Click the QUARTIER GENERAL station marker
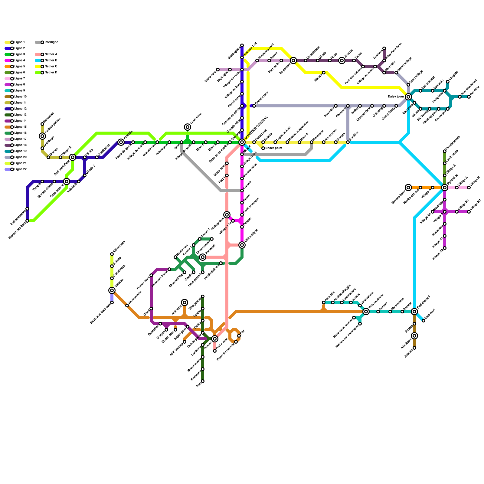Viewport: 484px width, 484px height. (x=242, y=142)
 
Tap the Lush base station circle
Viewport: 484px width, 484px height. (x=188, y=127)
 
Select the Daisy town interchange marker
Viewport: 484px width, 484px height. (x=408, y=97)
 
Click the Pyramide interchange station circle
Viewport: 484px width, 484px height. (x=445, y=188)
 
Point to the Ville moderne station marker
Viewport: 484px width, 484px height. (x=366, y=312)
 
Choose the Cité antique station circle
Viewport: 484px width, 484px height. (x=242, y=245)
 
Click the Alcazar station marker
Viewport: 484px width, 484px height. (x=342, y=60)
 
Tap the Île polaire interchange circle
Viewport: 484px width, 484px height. (x=293, y=60)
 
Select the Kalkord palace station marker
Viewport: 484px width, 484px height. (x=42, y=136)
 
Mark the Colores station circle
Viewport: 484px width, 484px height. (x=112, y=290)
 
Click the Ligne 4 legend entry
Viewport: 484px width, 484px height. (x=15, y=60)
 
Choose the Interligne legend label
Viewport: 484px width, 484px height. (x=51, y=42)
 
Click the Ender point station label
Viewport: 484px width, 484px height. (x=273, y=148)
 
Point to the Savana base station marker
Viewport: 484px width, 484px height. (x=408, y=188)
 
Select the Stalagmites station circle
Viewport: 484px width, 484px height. (x=227, y=215)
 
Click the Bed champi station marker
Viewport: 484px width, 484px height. (x=414, y=312)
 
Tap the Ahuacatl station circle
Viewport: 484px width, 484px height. (x=203, y=257)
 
